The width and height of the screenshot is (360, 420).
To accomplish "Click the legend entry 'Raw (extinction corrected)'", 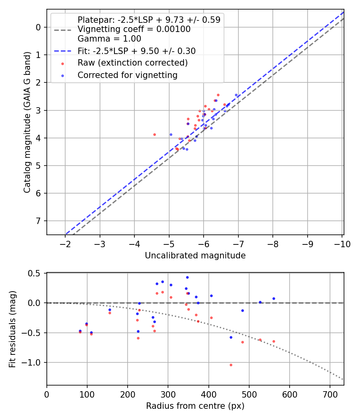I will tap(132, 63).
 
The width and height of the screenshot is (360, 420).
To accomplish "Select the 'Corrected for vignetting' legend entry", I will tap(127, 75).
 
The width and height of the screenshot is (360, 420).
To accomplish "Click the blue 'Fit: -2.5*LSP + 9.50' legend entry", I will tap(136, 51).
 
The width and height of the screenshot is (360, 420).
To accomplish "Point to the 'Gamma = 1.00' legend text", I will tap(109, 39).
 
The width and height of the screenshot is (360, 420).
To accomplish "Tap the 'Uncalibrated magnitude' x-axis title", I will tap(195, 256).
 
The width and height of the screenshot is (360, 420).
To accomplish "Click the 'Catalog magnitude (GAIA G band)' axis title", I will tap(27, 122).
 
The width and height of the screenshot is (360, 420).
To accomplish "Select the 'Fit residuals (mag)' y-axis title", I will tap(12, 329).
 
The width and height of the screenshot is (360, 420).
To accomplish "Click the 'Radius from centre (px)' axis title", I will tap(195, 406).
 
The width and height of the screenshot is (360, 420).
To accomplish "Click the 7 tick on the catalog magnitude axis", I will tap(39, 221).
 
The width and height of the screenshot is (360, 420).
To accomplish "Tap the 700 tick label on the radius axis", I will tap(330, 394).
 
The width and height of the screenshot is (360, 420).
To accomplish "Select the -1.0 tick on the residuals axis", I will tap(34, 362).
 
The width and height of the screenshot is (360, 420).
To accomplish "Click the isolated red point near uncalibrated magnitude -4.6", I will tap(154, 134).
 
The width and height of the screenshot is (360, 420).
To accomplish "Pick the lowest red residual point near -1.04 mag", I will tap(231, 365).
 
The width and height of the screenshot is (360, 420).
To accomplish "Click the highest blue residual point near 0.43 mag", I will tap(187, 277).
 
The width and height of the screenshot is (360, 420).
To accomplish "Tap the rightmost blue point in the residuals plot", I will tap(274, 298).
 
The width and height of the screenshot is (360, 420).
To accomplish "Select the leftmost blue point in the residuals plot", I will tap(80, 331).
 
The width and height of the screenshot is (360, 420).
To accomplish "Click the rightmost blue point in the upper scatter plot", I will tap(236, 95).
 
